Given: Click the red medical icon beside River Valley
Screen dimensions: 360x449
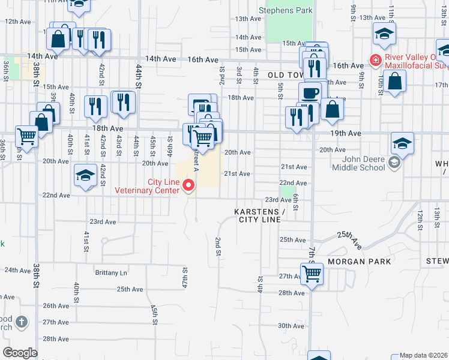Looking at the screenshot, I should [375, 61].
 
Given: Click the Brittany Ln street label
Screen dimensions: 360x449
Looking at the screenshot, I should [112, 272].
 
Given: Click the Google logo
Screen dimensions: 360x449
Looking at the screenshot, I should [20, 352].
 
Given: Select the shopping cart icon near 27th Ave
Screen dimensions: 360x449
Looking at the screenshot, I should [312, 274].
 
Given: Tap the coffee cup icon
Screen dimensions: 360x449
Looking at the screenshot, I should [310, 93].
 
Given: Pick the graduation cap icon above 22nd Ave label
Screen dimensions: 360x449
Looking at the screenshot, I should [85, 175].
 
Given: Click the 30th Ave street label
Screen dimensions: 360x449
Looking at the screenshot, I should [291, 326].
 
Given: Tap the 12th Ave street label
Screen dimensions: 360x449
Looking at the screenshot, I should [18, 22].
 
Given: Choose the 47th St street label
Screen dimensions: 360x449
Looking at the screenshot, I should [185, 277].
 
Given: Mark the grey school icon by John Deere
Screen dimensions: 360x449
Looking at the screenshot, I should [394, 162].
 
